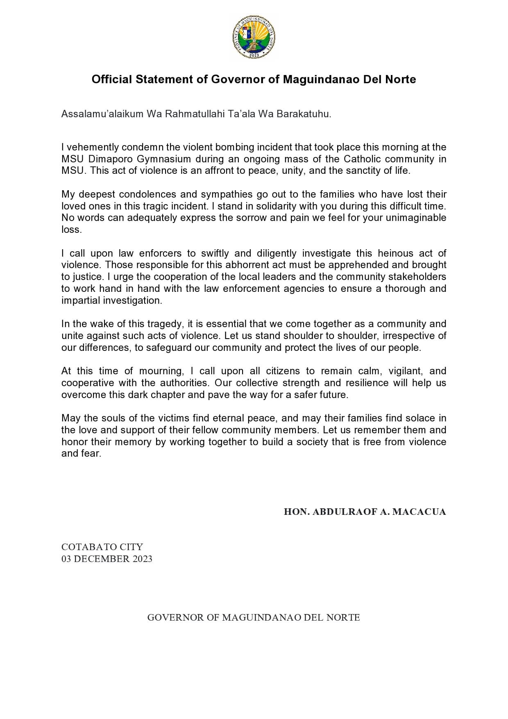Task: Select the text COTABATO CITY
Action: (x=102, y=547)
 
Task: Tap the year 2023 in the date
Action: (x=142, y=559)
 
